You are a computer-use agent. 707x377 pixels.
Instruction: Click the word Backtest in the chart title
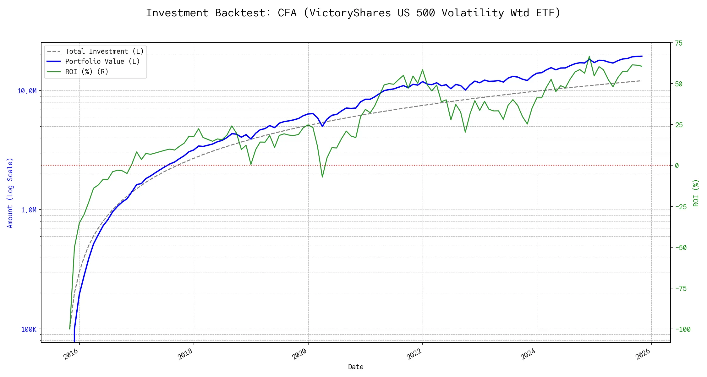(243, 13)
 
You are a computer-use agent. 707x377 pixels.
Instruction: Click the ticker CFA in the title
(287, 13)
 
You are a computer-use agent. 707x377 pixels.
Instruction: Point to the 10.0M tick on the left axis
(27, 91)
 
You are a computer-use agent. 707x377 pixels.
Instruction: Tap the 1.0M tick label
(29, 210)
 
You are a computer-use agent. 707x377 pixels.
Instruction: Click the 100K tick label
(29, 330)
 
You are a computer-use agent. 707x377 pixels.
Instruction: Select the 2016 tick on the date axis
(71, 354)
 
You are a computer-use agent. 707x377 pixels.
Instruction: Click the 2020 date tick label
(299, 354)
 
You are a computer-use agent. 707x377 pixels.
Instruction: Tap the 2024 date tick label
(528, 354)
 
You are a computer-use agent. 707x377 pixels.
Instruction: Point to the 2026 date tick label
(643, 354)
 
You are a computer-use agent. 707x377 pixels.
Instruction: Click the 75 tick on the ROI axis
(679, 43)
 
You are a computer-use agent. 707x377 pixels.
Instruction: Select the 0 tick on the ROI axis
(677, 166)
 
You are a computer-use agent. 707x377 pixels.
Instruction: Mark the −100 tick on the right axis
(683, 330)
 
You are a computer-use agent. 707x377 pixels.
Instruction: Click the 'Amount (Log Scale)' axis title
(10, 193)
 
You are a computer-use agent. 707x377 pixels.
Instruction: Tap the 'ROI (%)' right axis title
(696, 193)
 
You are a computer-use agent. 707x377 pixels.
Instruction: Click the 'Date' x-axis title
(356, 367)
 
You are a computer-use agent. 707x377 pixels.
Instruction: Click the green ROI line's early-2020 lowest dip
(322, 177)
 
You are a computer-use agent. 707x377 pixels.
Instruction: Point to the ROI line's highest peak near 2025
(589, 57)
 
